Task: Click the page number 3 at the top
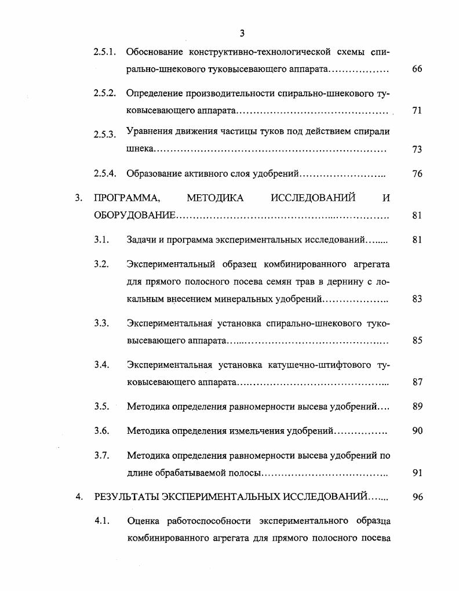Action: click(x=242, y=33)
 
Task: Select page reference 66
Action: click(x=417, y=69)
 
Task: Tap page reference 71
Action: click(x=417, y=111)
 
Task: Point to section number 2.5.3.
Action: click(x=105, y=135)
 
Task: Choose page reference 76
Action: click(x=417, y=174)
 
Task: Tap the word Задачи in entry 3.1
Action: click(x=142, y=240)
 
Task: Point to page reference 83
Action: click(x=417, y=299)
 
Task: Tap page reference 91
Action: click(x=417, y=473)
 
